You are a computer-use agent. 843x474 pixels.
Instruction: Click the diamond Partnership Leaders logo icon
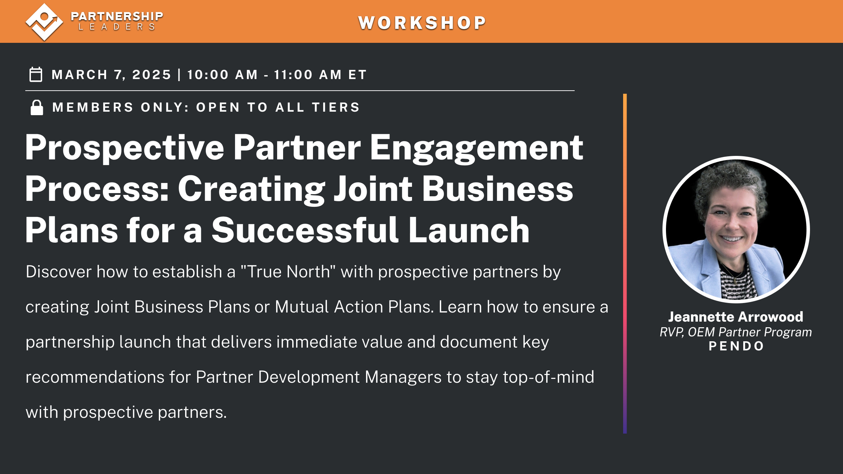[x=44, y=22]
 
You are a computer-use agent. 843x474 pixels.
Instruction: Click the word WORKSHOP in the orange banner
[x=422, y=23]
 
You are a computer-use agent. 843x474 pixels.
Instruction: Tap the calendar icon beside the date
[x=36, y=74]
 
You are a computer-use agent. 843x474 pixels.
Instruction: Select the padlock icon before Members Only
[x=37, y=107]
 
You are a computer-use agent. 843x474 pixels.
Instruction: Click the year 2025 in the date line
[x=151, y=75]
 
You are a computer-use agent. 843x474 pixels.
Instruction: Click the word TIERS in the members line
[x=336, y=107]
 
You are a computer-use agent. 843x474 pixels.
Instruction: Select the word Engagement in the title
[x=476, y=148]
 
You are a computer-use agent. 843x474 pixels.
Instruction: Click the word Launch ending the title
[x=469, y=230]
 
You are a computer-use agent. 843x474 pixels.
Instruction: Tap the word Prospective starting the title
[x=125, y=148]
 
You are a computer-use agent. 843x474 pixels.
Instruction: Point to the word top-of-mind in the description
[x=548, y=377]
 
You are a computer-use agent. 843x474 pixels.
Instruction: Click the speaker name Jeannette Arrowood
[x=736, y=317]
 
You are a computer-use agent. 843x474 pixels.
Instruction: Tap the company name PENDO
[x=737, y=346]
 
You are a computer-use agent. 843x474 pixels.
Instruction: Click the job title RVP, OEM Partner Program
[x=736, y=332]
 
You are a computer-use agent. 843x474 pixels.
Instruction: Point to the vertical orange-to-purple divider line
[x=625, y=263]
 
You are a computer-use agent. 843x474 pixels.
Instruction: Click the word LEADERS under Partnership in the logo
[x=117, y=27]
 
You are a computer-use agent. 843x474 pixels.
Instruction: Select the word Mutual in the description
[x=302, y=307]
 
